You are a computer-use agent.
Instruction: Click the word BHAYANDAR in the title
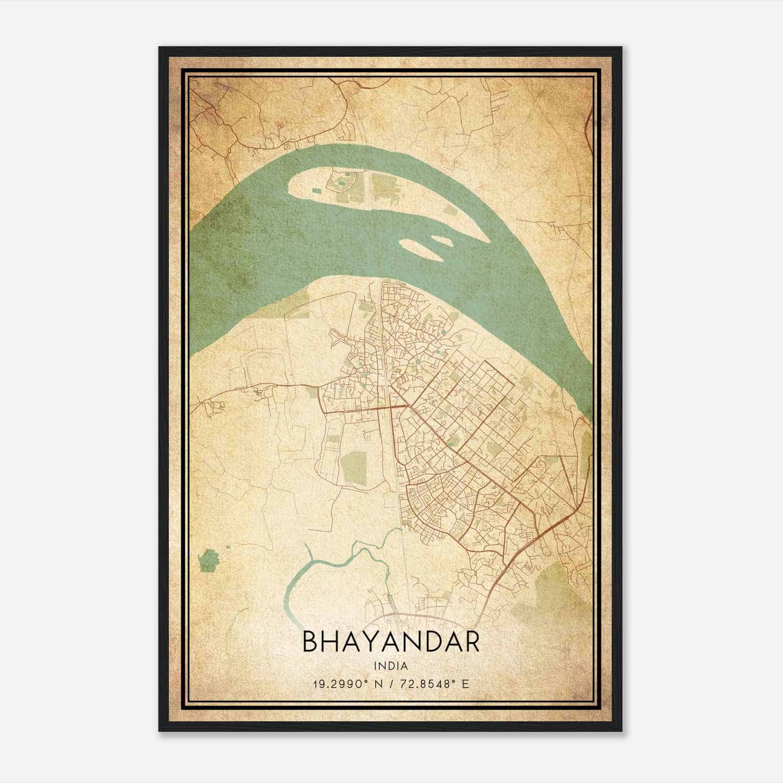coord(391,643)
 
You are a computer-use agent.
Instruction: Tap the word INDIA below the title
coord(391,666)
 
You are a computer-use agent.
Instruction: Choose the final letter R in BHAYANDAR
coord(471,643)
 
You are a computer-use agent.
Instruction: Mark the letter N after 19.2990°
coord(373,684)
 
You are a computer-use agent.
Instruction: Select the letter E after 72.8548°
coord(465,684)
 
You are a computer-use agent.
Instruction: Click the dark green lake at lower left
coord(209,560)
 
